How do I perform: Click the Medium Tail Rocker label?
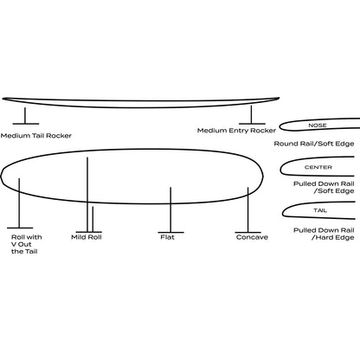tap(36, 136)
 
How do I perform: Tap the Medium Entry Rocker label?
tap(236, 131)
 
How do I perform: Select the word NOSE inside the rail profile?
tap(318, 125)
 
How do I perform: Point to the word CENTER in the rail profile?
tap(318, 167)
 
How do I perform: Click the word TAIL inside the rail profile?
tap(320, 210)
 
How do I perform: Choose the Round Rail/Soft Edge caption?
tap(314, 144)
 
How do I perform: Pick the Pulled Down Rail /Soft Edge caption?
tap(324, 187)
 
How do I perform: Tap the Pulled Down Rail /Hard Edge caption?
tap(324, 234)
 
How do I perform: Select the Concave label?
tap(252, 237)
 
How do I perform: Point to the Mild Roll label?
tap(87, 237)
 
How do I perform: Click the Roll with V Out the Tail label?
tap(27, 244)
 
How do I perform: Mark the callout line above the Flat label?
tap(170, 209)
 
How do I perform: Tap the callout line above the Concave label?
tap(247, 209)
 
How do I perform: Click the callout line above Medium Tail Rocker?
tap(25, 116)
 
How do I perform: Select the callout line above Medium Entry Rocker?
tap(251, 114)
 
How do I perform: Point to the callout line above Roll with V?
tap(19, 203)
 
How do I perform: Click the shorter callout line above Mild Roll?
tap(93, 219)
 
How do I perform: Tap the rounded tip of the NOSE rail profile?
tap(280, 126)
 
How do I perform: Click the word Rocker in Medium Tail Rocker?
tap(59, 136)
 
